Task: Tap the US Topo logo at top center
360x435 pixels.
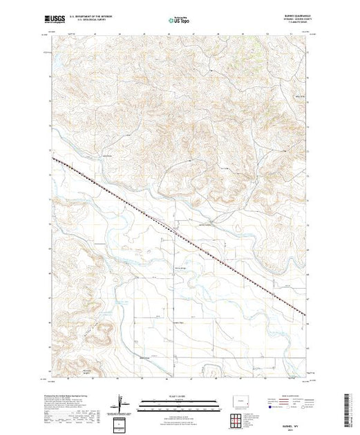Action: [x=180, y=19]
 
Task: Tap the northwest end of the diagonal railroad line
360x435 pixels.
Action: [x=53, y=157]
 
